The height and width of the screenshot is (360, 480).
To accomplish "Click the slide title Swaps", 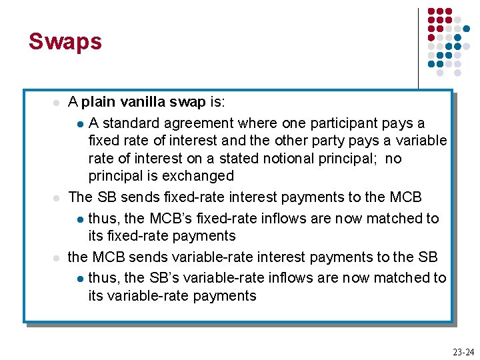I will pos(65,41).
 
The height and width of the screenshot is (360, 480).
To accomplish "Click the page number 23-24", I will pos(463,351).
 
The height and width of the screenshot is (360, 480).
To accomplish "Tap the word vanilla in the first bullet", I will pos(143,102).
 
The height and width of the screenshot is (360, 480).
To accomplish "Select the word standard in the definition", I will pos(129,123).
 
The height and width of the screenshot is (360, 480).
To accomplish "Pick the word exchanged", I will pos(200,176).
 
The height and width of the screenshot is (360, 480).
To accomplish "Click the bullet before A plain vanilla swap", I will pos(57,103).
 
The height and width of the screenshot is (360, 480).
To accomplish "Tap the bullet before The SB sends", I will pos(57,198).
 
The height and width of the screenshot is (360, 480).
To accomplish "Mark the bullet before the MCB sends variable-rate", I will pos(57,258).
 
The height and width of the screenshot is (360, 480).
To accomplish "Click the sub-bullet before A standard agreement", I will pos(80,124).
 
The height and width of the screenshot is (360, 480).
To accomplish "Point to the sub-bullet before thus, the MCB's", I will pos(80,219).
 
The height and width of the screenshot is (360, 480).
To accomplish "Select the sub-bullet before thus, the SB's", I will pos(80,279).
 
